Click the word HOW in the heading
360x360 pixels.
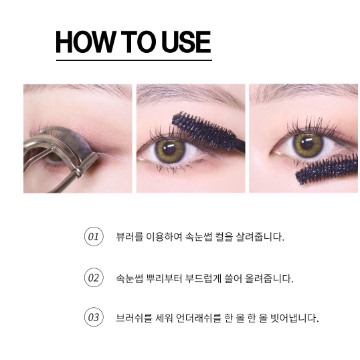click(86, 41)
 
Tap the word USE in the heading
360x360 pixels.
click(186, 41)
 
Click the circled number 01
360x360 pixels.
click(94, 236)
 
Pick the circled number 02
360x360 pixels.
click(94, 277)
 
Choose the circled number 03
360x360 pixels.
click(94, 317)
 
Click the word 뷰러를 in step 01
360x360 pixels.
click(130, 237)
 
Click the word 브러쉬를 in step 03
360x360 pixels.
click(134, 319)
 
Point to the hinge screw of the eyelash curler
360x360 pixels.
click(79, 171)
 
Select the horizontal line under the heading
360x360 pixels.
click(134, 60)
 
